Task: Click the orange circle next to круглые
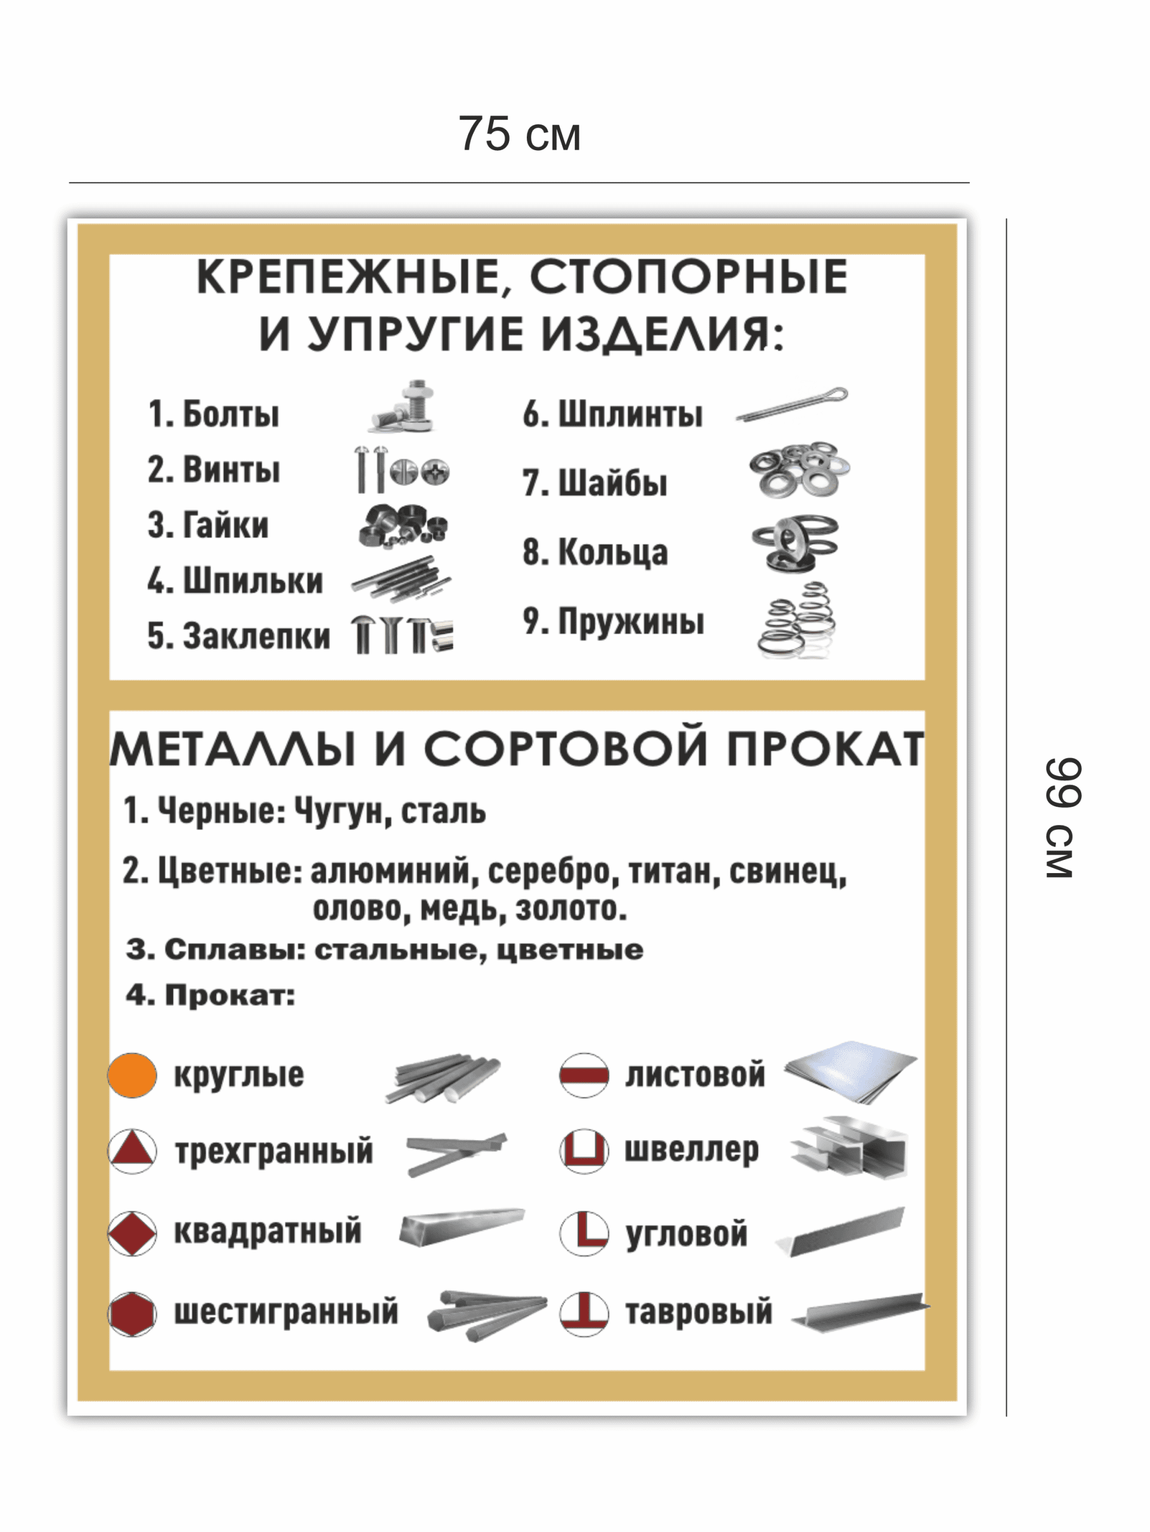(132, 1075)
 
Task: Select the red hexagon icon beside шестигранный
(132, 1313)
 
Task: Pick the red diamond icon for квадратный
(132, 1233)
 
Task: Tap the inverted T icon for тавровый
(584, 1313)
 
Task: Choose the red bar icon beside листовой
(584, 1075)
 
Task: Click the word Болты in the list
(230, 414)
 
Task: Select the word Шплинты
(630, 414)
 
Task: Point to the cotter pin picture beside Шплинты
(792, 405)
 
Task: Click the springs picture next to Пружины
(797, 620)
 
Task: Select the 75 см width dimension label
(519, 133)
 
